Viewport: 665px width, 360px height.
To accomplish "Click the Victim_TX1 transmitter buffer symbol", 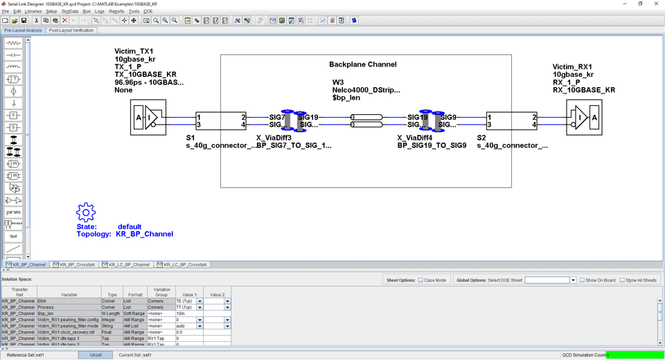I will click(148, 118).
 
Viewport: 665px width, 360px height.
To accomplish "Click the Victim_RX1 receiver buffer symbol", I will click(584, 118).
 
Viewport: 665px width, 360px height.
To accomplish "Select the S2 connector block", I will click(512, 121).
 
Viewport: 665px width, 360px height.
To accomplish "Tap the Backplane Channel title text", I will click(362, 64).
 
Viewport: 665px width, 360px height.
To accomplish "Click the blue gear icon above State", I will click(86, 212).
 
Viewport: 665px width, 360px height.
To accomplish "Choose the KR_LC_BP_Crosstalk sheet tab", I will click(182, 264).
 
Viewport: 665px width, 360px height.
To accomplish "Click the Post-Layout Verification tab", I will click(71, 30).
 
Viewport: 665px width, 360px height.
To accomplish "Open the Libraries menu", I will click(33, 12).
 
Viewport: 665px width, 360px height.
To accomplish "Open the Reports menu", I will click(116, 12).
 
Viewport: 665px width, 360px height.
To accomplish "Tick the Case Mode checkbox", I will click(420, 280).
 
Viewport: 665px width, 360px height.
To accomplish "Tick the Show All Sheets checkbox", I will click(622, 280).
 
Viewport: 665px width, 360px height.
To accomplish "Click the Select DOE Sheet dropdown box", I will click(550, 280).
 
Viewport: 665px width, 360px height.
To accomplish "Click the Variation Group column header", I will click(161, 292).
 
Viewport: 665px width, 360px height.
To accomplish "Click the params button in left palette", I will click(13, 213).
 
